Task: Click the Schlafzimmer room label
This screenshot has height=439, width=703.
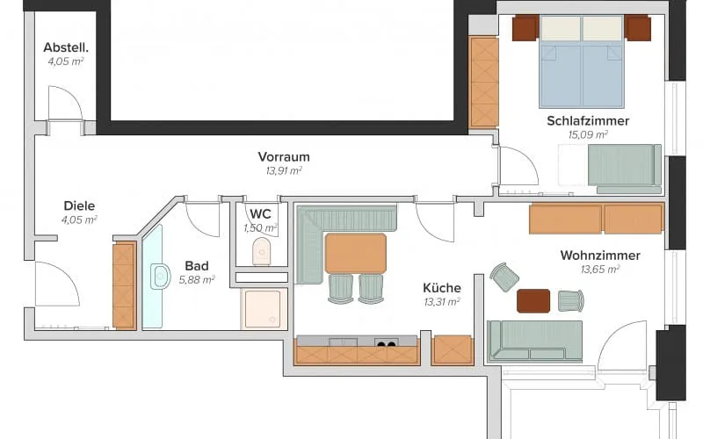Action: click(588, 120)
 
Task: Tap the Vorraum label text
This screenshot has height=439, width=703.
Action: click(284, 157)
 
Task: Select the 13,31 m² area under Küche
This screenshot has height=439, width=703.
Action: click(442, 302)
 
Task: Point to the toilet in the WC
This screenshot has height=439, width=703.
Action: click(261, 251)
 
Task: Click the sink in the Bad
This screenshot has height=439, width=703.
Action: click(160, 277)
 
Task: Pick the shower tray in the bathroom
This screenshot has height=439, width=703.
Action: click(262, 309)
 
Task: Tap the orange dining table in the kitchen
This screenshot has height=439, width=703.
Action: click(356, 253)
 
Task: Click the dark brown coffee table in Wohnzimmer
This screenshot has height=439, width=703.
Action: click(533, 300)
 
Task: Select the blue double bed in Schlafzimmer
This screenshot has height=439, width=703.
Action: click(582, 61)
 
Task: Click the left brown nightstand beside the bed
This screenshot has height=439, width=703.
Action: click(525, 28)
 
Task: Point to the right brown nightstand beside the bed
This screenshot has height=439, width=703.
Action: click(638, 28)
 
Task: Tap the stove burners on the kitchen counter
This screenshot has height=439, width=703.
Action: click(386, 342)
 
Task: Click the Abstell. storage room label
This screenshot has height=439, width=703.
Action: click(66, 47)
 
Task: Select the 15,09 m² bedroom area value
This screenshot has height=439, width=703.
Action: click(588, 134)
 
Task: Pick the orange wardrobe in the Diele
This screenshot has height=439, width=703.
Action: click(124, 286)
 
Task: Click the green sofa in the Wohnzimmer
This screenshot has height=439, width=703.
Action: click(534, 342)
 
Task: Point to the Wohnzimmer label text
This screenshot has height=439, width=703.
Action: click(600, 255)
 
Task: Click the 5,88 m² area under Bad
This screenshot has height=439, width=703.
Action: click(197, 280)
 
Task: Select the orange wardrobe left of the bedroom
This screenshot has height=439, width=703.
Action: click(484, 83)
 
